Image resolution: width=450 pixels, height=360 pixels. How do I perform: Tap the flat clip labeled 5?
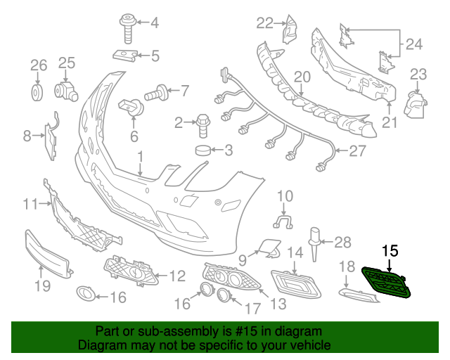(125, 54)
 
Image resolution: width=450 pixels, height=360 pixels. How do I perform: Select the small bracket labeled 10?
(283, 222)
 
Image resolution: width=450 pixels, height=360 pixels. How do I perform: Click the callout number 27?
(359, 150)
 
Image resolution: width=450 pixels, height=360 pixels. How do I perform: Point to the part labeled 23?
(417, 105)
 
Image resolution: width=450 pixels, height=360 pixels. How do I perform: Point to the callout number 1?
(140, 156)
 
